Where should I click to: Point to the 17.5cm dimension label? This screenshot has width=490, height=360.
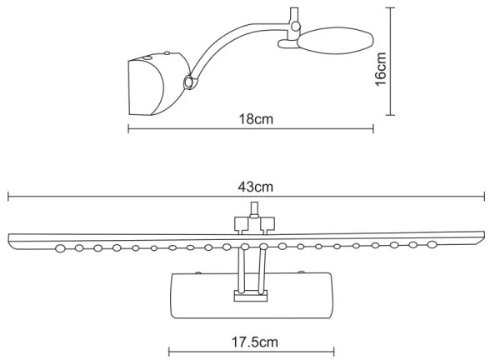click(251, 342)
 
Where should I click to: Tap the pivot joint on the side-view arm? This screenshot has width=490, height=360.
click(189, 82)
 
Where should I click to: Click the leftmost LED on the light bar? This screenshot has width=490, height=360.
click(60, 247)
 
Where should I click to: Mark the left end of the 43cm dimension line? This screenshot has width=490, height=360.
click(8, 197)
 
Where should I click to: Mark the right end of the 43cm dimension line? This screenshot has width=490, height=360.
click(483, 197)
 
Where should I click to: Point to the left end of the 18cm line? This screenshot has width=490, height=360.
click(128, 128)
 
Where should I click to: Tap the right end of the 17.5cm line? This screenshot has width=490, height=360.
click(334, 352)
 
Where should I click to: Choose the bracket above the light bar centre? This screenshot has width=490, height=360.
click(253, 222)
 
